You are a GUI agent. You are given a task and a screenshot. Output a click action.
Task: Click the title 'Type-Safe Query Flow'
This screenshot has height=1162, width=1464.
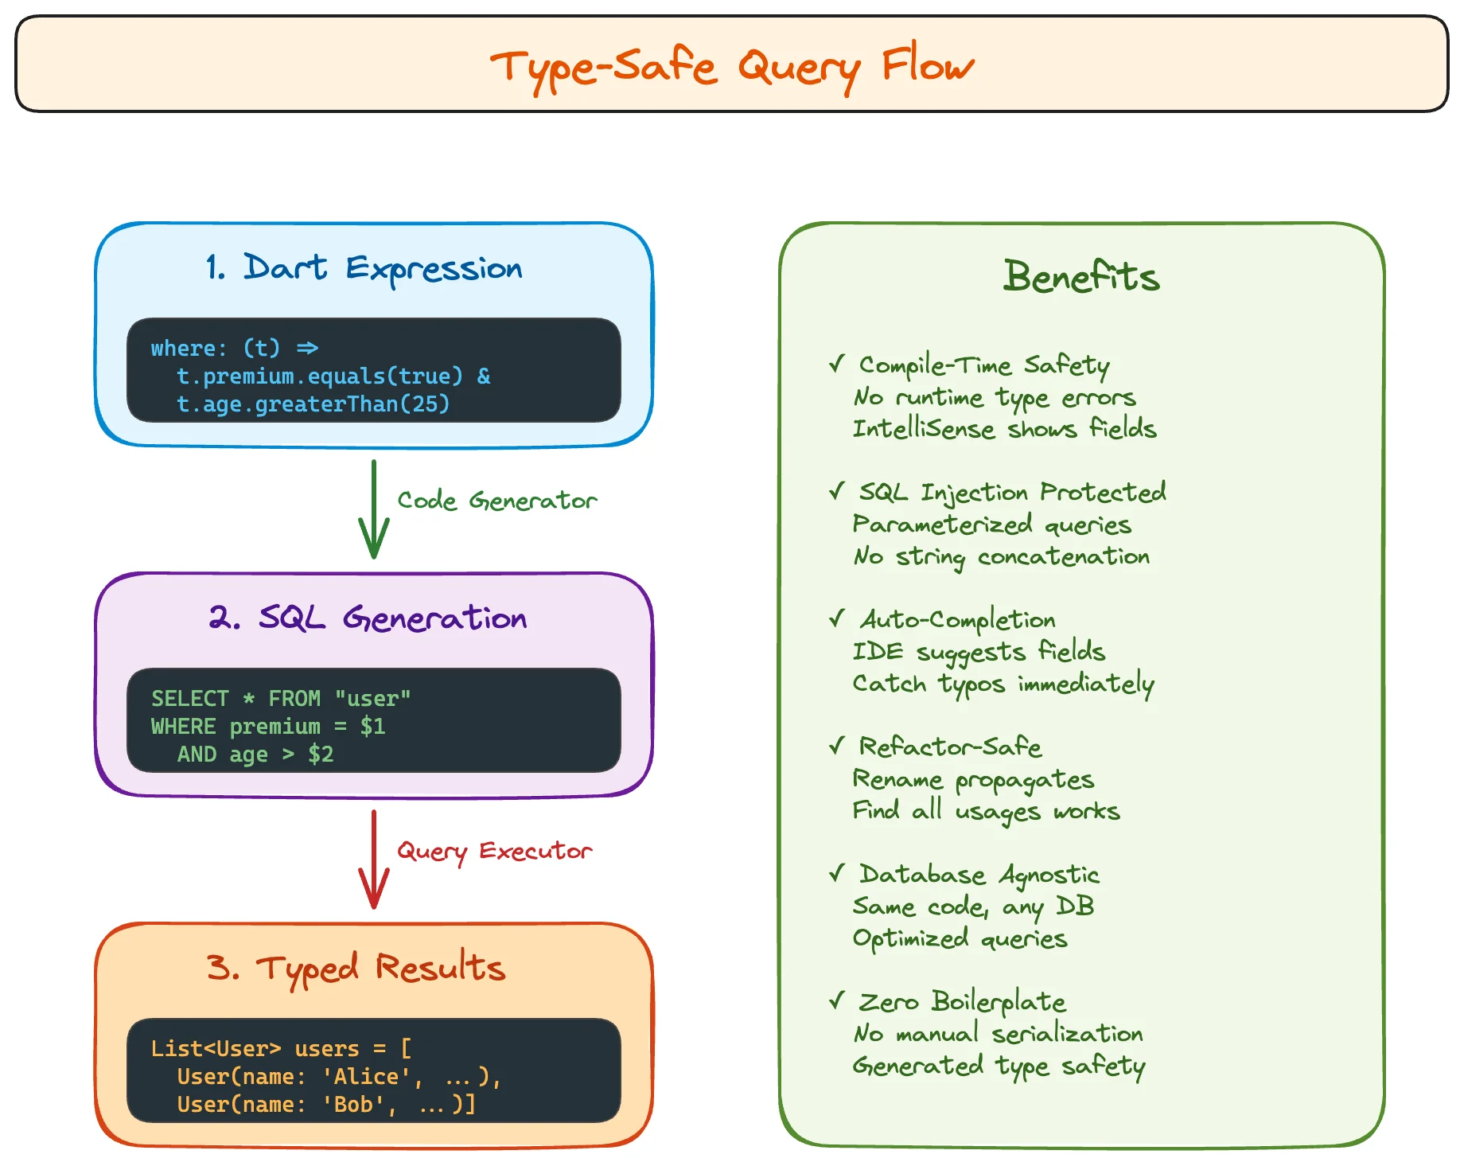click(x=731, y=67)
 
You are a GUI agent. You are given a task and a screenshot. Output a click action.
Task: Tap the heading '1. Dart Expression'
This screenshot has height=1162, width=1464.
click(x=364, y=269)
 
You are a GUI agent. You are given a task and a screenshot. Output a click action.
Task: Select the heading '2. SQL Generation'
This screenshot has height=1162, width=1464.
click(x=368, y=618)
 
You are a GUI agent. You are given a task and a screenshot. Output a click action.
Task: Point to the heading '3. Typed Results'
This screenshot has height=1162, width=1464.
click(x=356, y=969)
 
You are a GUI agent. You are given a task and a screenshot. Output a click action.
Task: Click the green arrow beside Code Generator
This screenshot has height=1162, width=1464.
click(x=373, y=509)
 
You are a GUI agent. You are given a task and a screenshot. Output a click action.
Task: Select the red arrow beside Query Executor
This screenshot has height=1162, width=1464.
click(x=373, y=860)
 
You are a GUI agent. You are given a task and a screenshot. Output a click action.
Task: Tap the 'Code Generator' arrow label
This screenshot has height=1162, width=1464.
click(x=496, y=501)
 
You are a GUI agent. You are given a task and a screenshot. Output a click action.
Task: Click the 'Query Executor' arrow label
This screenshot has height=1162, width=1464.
click(x=494, y=852)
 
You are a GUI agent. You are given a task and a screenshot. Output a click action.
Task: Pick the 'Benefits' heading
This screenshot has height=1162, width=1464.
click(x=1081, y=277)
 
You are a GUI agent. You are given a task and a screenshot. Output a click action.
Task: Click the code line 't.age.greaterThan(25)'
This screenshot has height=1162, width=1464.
click(x=313, y=404)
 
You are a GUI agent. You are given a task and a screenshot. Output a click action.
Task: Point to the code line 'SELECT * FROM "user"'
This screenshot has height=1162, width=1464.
click(x=281, y=699)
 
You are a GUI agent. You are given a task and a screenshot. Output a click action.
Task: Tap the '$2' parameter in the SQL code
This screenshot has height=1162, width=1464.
click(x=321, y=755)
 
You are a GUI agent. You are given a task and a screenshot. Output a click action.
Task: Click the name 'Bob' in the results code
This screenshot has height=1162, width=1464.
click(x=354, y=1105)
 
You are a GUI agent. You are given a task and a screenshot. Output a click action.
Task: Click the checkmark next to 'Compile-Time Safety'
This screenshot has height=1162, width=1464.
click(x=836, y=365)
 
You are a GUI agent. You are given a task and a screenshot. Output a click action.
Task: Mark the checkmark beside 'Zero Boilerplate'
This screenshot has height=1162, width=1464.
click(x=836, y=1000)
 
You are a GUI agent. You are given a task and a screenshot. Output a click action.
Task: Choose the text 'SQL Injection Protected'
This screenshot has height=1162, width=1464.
click(x=1012, y=493)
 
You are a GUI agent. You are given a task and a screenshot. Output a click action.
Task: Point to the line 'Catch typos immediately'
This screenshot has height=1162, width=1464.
click(x=1003, y=684)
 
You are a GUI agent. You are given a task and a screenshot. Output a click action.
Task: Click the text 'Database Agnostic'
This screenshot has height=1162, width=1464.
click(x=979, y=875)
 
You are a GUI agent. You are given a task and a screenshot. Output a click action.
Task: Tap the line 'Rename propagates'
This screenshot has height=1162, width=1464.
click(x=973, y=780)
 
